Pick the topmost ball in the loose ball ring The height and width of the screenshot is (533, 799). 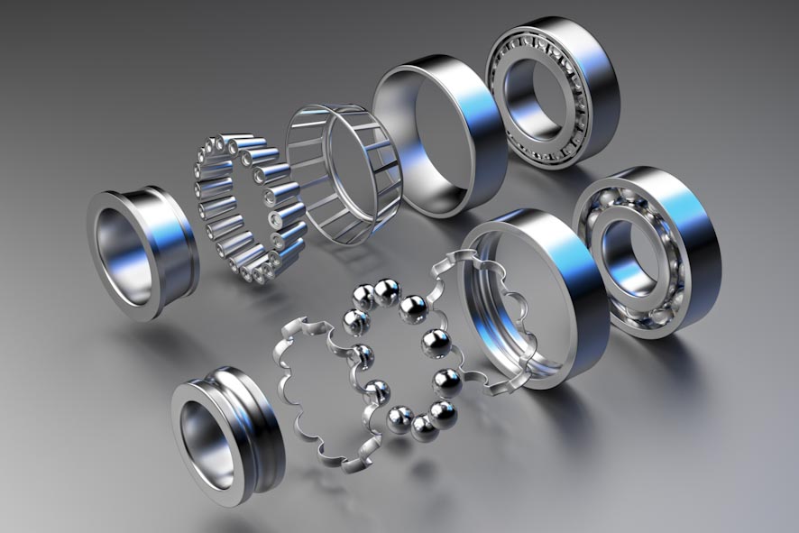click(x=387, y=290)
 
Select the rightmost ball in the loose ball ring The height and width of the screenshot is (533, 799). click(x=446, y=382)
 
